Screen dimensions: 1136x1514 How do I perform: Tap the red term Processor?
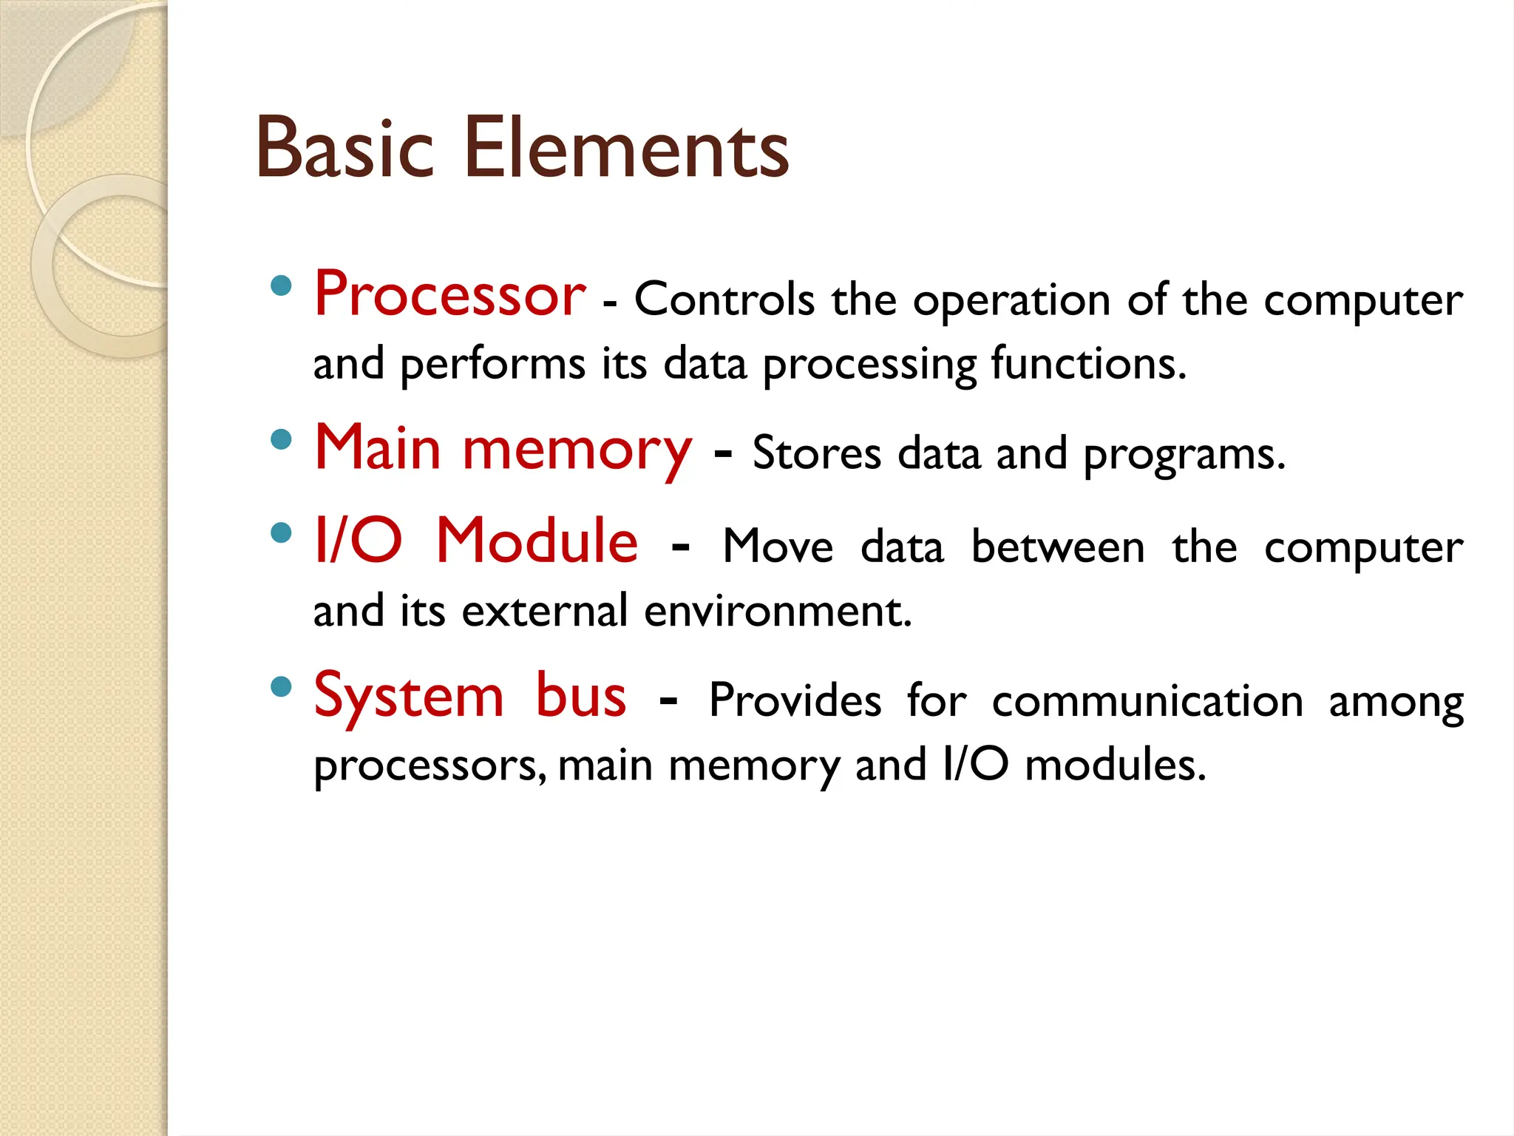(449, 294)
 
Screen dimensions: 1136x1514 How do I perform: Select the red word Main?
(378, 448)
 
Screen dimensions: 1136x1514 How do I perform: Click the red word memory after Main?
(577, 451)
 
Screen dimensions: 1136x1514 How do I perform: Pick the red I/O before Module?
(358, 541)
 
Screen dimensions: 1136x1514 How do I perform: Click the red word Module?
(537, 541)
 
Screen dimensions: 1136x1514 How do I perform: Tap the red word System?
(409, 697)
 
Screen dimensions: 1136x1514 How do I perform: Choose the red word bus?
(581, 695)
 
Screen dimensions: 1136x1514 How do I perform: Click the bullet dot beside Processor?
(281, 286)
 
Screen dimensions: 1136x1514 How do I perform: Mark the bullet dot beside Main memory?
(281, 440)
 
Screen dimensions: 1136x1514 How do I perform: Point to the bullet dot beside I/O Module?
(281, 532)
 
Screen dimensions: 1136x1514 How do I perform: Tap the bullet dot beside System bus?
(281, 687)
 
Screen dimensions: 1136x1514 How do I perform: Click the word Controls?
(724, 300)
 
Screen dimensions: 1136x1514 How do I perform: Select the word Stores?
(817, 453)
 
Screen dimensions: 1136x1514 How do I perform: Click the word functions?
(1088, 364)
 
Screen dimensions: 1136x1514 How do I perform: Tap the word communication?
(1147, 701)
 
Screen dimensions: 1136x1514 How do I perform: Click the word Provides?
(795, 700)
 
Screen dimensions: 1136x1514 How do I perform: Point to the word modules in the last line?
(1116, 765)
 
